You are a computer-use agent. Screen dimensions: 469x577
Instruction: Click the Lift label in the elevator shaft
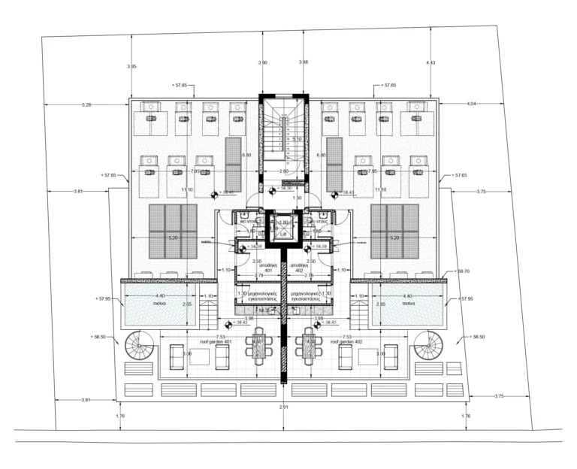tap(283, 234)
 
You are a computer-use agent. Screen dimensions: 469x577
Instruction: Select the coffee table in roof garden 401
tap(199, 358)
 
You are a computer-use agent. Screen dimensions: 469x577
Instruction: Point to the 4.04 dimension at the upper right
tap(471, 102)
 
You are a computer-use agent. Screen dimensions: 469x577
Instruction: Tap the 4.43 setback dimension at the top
tap(430, 62)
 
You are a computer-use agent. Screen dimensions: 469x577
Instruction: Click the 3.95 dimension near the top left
tap(132, 66)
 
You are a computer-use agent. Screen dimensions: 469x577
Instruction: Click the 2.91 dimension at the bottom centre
tap(283, 407)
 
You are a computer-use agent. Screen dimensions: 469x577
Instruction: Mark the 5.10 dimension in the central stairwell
tap(297, 139)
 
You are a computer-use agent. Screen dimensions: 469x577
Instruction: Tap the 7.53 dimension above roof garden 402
tap(346, 336)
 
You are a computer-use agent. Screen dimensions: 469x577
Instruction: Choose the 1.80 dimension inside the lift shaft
tap(283, 222)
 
